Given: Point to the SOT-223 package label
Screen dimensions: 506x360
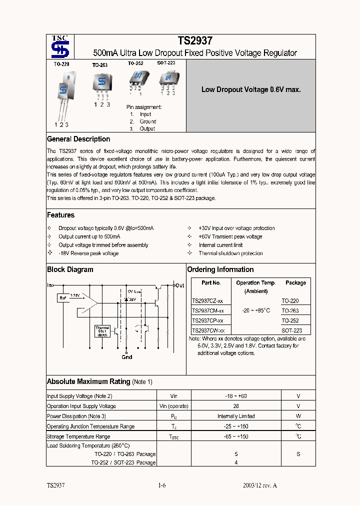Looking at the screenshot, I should point(166,63).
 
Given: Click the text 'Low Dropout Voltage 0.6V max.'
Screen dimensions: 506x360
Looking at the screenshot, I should point(250,90).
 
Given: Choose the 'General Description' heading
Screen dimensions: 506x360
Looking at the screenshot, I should point(78,139).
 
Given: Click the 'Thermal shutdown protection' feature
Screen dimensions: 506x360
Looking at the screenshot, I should point(230,253).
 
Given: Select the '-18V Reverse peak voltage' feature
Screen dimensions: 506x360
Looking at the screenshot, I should point(88,253).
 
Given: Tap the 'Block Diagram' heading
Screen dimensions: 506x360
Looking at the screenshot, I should point(70,269).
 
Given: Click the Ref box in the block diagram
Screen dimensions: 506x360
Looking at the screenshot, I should point(63,298).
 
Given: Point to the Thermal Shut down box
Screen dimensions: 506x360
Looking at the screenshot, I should point(102,331).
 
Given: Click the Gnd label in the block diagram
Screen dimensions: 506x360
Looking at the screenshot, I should point(127,357).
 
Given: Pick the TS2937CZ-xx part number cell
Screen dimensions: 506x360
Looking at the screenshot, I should point(207,301).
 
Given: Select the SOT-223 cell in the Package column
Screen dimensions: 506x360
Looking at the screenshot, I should point(292,330).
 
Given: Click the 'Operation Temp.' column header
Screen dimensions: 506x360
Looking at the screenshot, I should point(255,283).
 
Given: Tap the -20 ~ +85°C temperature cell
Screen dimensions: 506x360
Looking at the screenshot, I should point(255,310).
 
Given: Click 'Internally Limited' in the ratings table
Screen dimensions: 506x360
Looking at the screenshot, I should point(236,416).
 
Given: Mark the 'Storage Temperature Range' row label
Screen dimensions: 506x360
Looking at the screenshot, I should point(78,436).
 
